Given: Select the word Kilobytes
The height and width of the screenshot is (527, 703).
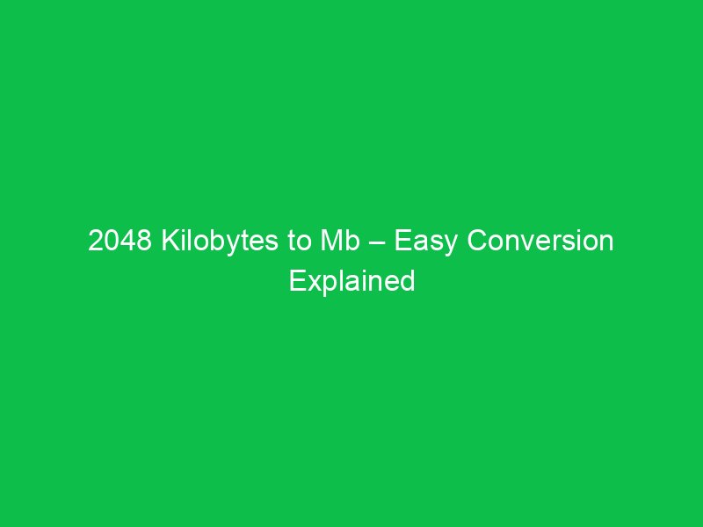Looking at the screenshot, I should tap(222, 242).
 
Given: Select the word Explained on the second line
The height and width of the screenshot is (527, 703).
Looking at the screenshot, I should tap(351, 282).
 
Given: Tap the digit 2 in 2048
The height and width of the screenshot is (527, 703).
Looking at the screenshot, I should tap(96, 242).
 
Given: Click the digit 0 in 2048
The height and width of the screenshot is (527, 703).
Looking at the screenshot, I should tap(112, 242).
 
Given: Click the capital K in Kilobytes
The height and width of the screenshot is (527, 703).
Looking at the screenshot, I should tap(168, 242).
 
